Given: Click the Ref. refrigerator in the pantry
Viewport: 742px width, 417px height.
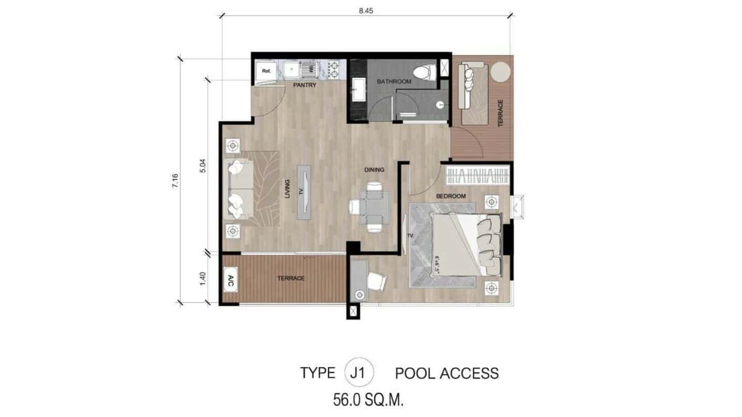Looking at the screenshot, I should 267,71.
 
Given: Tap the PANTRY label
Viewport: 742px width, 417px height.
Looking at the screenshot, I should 305,85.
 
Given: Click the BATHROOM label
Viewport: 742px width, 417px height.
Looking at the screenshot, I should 394,82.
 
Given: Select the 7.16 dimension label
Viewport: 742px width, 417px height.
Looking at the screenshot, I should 175,181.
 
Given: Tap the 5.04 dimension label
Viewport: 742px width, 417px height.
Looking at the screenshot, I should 202,166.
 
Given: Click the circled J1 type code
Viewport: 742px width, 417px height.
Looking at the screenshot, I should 359,372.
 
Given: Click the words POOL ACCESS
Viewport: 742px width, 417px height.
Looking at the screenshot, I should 446,373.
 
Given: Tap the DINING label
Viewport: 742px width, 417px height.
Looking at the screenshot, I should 374,170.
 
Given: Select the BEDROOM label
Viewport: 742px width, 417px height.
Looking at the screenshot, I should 451,196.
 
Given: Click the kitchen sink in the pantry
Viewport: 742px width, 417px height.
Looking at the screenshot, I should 291,70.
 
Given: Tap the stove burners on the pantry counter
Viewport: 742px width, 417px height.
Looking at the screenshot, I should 333,70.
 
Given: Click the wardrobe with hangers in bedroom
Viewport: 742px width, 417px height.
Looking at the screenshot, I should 477,176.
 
